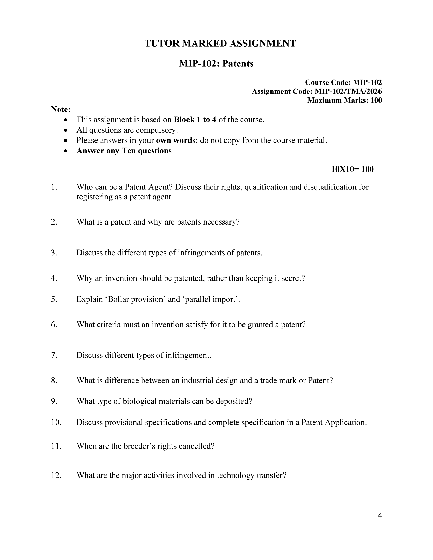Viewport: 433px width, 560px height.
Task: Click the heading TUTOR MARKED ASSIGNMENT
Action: [x=220, y=43]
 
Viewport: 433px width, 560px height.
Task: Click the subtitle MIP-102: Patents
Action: [x=216, y=63]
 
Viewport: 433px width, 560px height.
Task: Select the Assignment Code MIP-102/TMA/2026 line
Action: [x=317, y=91]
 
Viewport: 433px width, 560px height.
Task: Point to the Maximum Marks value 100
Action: [x=376, y=100]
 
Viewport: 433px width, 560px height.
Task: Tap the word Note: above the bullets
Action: [x=61, y=109]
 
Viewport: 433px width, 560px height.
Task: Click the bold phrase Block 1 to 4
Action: [x=195, y=120]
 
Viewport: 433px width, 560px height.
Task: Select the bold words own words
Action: [x=175, y=141]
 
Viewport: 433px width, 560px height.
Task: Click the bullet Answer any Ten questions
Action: [x=124, y=151]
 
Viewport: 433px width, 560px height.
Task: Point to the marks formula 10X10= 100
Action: [x=352, y=169]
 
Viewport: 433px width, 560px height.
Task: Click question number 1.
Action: [x=54, y=187]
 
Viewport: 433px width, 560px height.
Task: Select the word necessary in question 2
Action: [x=220, y=222]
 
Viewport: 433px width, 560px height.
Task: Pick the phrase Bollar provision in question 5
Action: [x=136, y=299]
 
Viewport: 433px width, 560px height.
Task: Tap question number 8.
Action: [x=54, y=380]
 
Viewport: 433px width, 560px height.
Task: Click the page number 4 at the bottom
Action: [x=380, y=515]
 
